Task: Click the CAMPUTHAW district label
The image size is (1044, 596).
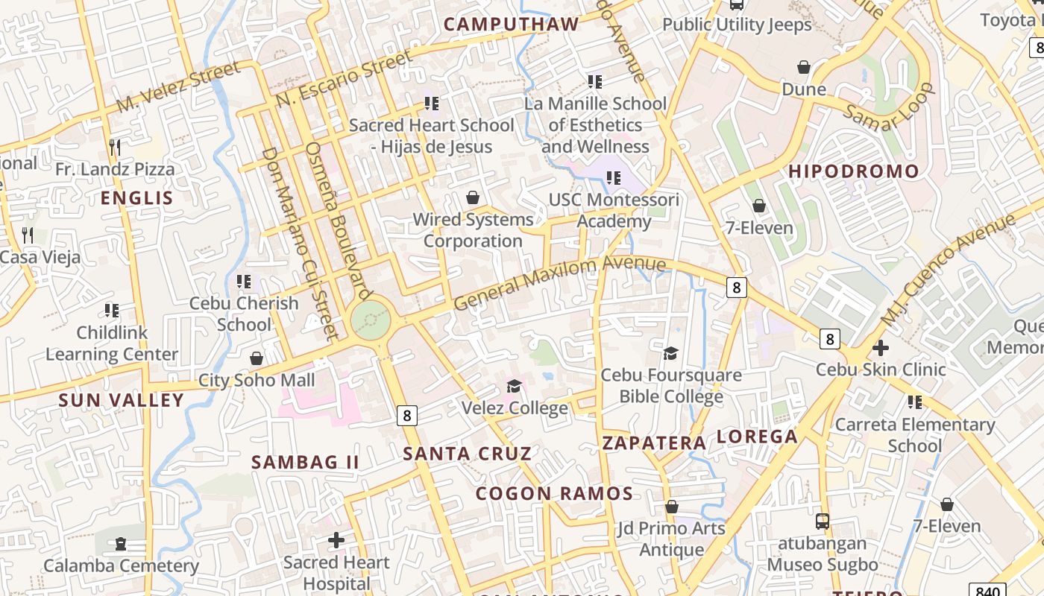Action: pyautogui.click(x=512, y=24)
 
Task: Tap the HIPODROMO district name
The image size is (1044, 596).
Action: pyautogui.click(x=854, y=171)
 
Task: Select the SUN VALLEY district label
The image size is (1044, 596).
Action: pyautogui.click(x=122, y=400)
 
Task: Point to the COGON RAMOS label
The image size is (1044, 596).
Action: pyautogui.click(x=554, y=493)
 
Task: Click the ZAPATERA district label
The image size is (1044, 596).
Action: pyautogui.click(x=654, y=443)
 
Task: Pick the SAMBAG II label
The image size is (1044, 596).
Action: pyautogui.click(x=305, y=462)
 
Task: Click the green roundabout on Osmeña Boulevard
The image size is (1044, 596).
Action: pyautogui.click(x=371, y=322)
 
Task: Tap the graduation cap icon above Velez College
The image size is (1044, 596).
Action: pyautogui.click(x=514, y=386)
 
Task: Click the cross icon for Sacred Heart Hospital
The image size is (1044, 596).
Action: pyautogui.click(x=336, y=539)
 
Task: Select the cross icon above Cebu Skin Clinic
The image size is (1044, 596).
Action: pyautogui.click(x=880, y=347)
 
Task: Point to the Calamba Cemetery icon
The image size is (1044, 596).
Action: pyautogui.click(x=121, y=544)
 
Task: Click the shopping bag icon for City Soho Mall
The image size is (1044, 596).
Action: pyautogui.click(x=257, y=358)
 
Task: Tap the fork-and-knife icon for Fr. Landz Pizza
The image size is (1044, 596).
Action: pyautogui.click(x=114, y=147)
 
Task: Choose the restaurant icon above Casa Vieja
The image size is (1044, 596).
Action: pyautogui.click(x=28, y=235)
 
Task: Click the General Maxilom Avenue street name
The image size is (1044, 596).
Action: pyautogui.click(x=559, y=282)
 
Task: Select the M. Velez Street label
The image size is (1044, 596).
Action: pyautogui.click(x=179, y=86)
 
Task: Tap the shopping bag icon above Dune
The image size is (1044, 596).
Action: pyautogui.click(x=803, y=68)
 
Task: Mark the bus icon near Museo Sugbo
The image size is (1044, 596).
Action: pyautogui.click(x=823, y=521)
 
